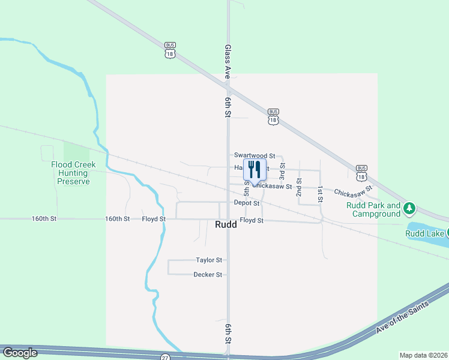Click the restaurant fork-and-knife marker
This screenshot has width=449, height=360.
[255, 170]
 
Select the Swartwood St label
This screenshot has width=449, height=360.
[254, 155]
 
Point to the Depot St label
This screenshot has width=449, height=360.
[247, 203]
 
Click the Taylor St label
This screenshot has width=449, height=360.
[209, 260]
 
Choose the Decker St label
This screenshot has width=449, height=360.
[208, 275]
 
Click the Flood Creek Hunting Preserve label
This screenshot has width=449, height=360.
[70, 173]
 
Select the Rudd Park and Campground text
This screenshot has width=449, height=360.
[373, 209]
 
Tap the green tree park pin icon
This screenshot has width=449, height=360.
[410, 208]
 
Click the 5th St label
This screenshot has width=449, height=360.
[247, 188]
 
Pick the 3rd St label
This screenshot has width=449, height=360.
[282, 169]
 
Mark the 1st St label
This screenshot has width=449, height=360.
[321, 193]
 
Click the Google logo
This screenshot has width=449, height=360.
[20, 353]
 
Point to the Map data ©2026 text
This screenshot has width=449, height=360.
[423, 355]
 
